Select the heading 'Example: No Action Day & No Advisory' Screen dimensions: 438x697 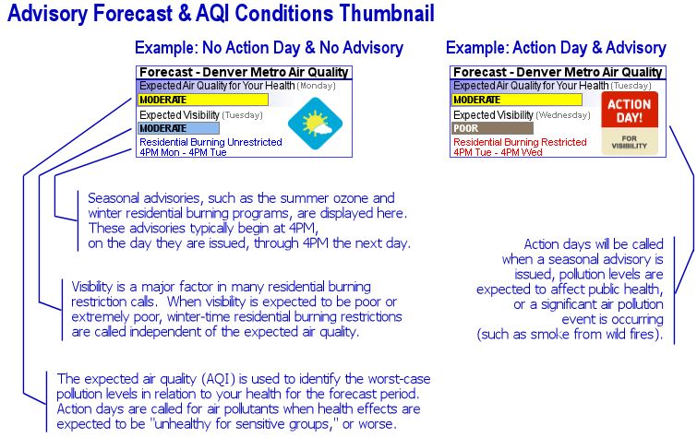tap(268, 48)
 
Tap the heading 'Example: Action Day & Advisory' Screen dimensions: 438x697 tap(556, 48)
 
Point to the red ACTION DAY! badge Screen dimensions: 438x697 tap(628, 112)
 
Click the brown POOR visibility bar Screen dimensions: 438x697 tap(491, 129)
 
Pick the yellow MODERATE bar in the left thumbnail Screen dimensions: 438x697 tap(202, 100)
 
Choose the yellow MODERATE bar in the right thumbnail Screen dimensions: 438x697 tap(516, 100)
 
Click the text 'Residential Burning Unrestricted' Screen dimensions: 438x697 tap(204, 142)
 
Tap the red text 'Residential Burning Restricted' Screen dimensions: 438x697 tap(520, 142)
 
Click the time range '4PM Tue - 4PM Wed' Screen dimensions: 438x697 tap(498, 152)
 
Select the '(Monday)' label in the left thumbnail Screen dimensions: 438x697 tap(317, 86)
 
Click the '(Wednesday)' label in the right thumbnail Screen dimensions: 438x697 tap(561, 115)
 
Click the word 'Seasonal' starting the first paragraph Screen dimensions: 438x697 tap(111, 198)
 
